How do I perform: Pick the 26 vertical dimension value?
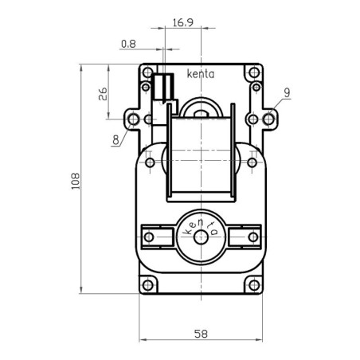click(104, 96)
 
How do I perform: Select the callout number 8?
click(116, 139)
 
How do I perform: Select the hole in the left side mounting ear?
click(133, 119)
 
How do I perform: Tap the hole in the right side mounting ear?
click(270, 119)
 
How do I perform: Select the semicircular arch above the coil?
click(201, 106)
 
